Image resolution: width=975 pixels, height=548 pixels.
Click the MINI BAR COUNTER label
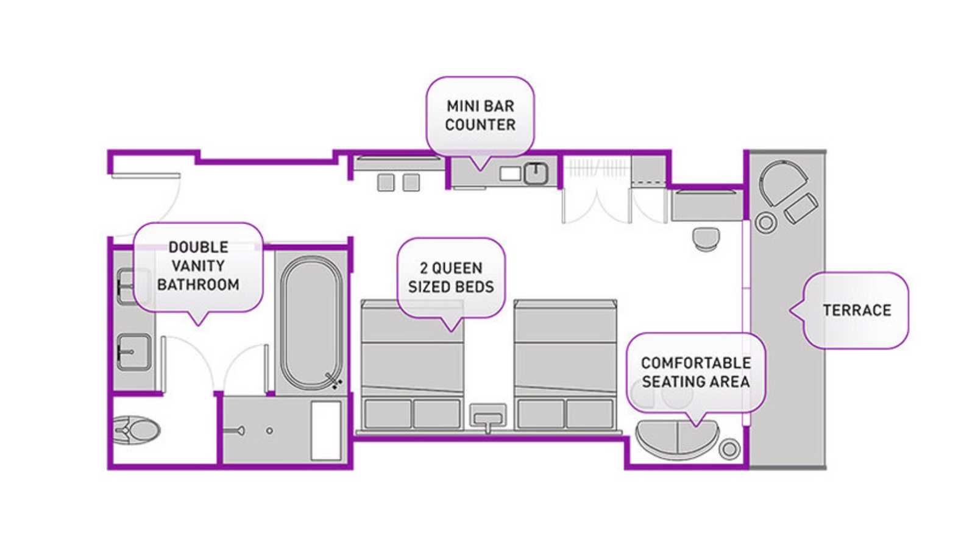point(480,116)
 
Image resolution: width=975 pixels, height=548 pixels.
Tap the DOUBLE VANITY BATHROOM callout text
point(199,265)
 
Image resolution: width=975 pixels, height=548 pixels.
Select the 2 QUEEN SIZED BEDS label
point(451,278)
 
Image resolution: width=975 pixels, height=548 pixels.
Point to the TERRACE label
point(857,310)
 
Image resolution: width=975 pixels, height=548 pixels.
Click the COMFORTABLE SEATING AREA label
point(695,372)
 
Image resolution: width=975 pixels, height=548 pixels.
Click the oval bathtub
point(311,322)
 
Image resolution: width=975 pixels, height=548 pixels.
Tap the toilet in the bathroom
point(136,430)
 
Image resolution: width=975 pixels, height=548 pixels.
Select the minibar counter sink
point(536,174)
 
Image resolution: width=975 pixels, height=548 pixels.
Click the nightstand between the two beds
point(488,416)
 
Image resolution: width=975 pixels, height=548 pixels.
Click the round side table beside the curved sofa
point(729,449)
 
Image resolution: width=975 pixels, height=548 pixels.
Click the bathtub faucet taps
point(334,381)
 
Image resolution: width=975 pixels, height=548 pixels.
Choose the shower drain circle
point(269,430)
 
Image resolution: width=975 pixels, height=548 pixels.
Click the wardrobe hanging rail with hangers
point(597,167)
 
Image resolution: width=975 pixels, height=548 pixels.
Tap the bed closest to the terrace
point(565,365)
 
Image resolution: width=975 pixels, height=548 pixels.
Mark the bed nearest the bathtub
point(412,365)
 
